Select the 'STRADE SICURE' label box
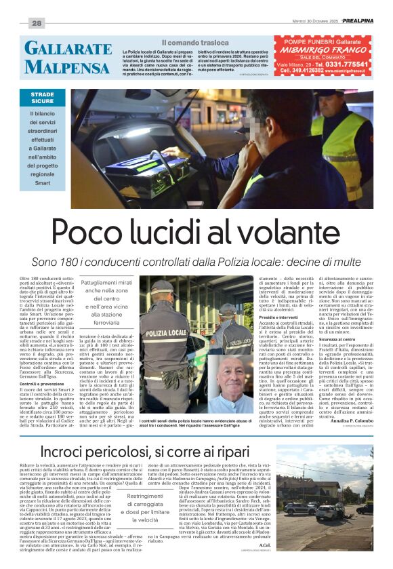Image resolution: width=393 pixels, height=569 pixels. [43, 98]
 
